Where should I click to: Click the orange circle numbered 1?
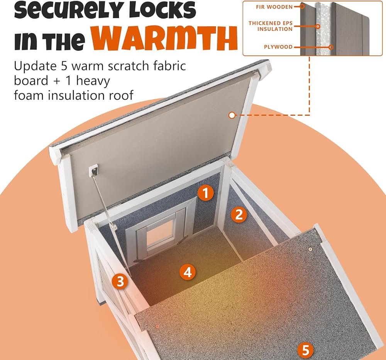click(x=206, y=192)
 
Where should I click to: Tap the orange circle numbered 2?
click(x=239, y=214)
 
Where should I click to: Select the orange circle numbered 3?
click(x=120, y=281)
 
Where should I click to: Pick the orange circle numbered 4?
click(x=188, y=272)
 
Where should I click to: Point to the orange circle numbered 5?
click(x=305, y=350)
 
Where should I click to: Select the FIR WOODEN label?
click(x=274, y=7)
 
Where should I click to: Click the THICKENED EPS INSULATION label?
click(x=271, y=26)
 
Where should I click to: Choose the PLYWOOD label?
click(x=278, y=47)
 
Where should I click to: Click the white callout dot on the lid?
click(x=232, y=115)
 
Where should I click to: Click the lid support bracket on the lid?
click(x=93, y=170)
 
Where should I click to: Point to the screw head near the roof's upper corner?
click(x=311, y=250)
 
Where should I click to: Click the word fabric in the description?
click(x=169, y=66)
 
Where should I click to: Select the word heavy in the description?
click(x=93, y=81)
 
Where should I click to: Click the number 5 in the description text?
click(x=64, y=66)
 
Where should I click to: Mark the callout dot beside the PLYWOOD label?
click(x=331, y=47)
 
